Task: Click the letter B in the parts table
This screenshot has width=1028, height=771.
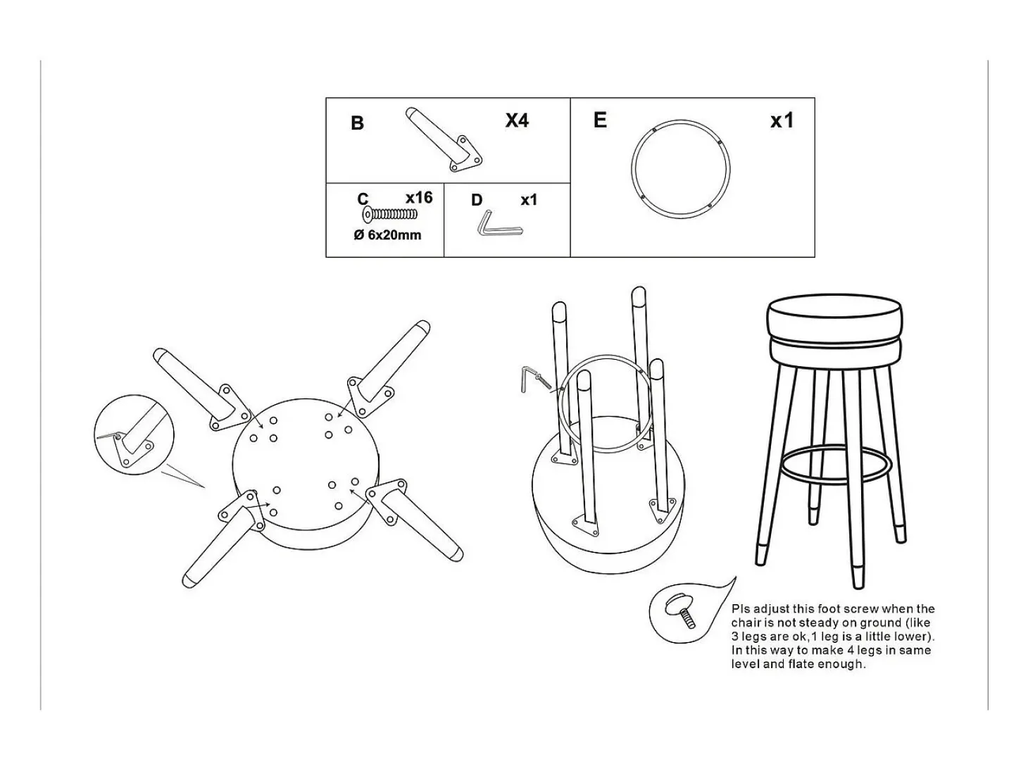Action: click(x=357, y=123)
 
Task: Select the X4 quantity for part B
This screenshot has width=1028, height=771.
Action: click(x=517, y=120)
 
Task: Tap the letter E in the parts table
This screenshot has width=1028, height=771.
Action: click(x=600, y=120)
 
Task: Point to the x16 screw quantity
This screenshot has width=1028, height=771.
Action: click(x=419, y=198)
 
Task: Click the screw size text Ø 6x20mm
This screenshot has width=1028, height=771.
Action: click(x=387, y=235)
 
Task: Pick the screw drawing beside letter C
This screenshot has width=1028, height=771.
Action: click(x=389, y=214)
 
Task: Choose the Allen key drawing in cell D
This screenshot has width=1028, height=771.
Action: click(x=499, y=224)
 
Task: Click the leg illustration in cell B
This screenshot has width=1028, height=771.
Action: click(x=444, y=139)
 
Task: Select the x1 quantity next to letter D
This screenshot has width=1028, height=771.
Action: click(x=529, y=201)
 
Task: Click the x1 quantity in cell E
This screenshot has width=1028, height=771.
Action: click(x=782, y=121)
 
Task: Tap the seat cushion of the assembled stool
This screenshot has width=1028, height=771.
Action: click(x=834, y=333)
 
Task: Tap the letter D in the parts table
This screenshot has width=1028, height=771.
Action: click(x=476, y=201)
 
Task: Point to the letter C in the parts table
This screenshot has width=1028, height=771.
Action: click(x=363, y=199)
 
